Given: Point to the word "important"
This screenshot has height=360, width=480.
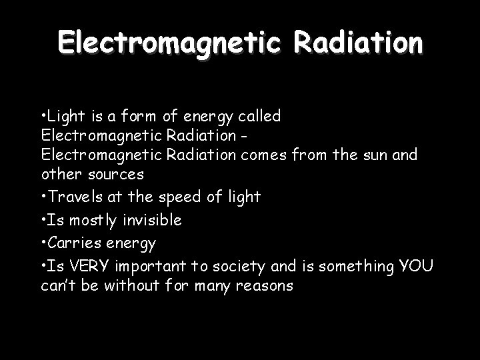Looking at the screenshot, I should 149,267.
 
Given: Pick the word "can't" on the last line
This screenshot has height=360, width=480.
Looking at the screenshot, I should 58,286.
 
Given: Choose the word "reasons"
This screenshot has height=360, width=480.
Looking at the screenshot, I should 266,286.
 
